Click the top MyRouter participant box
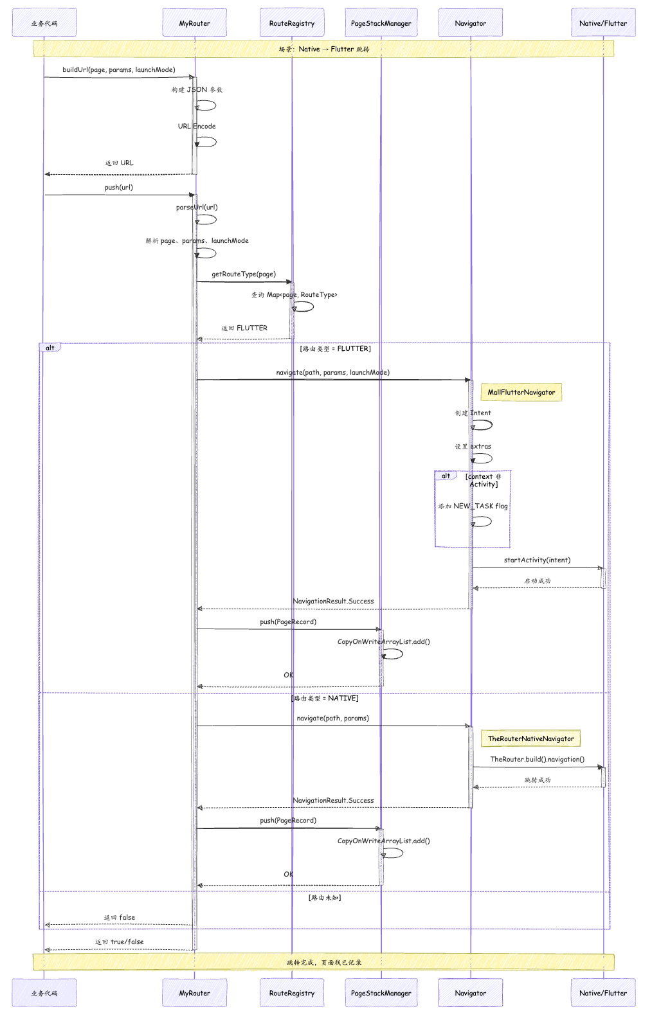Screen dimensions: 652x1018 (x=195, y=22)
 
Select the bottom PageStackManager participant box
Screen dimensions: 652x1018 (x=381, y=992)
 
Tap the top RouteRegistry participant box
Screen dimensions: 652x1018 (x=292, y=22)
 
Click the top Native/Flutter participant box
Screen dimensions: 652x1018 (x=603, y=22)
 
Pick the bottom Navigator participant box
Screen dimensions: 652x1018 (x=471, y=992)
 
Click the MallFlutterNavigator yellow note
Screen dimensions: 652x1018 (x=521, y=392)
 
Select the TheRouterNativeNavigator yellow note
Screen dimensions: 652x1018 (x=530, y=738)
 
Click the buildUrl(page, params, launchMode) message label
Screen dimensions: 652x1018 (x=119, y=69)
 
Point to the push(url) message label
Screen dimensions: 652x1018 (x=119, y=187)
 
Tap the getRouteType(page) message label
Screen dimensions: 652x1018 (x=244, y=274)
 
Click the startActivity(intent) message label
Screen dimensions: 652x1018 (x=537, y=560)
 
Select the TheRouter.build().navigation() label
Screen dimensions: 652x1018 (x=538, y=759)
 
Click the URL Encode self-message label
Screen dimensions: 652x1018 (x=197, y=126)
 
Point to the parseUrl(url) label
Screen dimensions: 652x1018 (x=197, y=207)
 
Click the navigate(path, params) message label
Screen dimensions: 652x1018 (x=333, y=718)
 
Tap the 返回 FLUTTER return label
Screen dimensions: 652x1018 (x=244, y=328)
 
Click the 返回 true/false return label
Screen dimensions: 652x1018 (x=119, y=942)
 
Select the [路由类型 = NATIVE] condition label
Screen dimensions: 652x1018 (x=325, y=698)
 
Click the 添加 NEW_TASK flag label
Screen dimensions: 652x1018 (x=473, y=506)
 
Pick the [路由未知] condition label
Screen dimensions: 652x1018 (x=325, y=898)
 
